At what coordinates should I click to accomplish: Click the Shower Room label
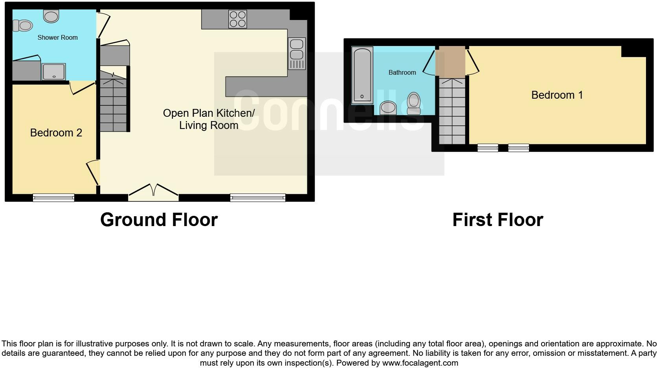tap(57, 38)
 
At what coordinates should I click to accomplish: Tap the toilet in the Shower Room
tap(22, 26)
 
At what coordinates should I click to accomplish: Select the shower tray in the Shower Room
tap(53, 72)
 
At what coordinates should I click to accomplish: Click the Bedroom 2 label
tap(56, 133)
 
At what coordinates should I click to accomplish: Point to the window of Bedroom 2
tap(53, 197)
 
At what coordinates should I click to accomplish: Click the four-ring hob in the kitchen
tap(238, 19)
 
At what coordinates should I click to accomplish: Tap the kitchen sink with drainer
tap(297, 53)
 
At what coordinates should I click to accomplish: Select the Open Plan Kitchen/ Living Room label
tap(209, 119)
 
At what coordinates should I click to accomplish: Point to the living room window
tap(258, 197)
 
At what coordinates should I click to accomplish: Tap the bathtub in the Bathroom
tap(362, 75)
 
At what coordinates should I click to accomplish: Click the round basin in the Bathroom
tap(388, 107)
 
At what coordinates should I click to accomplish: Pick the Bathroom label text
tap(402, 73)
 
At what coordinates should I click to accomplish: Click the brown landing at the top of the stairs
tap(452, 62)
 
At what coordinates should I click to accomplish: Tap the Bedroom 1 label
tap(557, 95)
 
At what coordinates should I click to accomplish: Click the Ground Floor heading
tap(159, 220)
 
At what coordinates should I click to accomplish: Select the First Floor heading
tap(497, 220)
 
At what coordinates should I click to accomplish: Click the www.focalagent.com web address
tap(420, 363)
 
